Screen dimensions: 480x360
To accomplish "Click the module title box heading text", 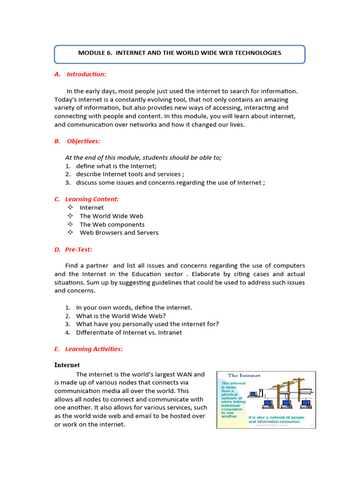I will [x=180, y=53].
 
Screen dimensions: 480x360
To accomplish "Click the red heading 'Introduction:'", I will [x=86, y=74].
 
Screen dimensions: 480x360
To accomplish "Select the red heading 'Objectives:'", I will [x=83, y=141].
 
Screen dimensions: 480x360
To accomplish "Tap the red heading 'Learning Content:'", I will [x=92, y=199].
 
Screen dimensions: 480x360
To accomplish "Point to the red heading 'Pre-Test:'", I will [x=79, y=250].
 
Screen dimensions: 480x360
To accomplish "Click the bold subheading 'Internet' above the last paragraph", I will [x=67, y=365].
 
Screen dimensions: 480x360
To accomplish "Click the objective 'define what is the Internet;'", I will [x=116, y=166].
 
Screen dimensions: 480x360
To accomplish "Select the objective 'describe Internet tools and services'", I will [x=127, y=174].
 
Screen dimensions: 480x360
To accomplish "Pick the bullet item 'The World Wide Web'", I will [x=112, y=216].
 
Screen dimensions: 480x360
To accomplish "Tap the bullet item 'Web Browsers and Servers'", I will [x=119, y=232].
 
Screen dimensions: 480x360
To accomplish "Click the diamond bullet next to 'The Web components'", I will [x=70, y=224].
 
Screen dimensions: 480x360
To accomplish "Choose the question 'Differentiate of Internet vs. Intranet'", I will [x=129, y=332].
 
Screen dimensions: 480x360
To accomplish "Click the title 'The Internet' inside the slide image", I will [x=244, y=375].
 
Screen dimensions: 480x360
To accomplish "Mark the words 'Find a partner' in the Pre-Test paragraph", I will [x=88, y=266].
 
